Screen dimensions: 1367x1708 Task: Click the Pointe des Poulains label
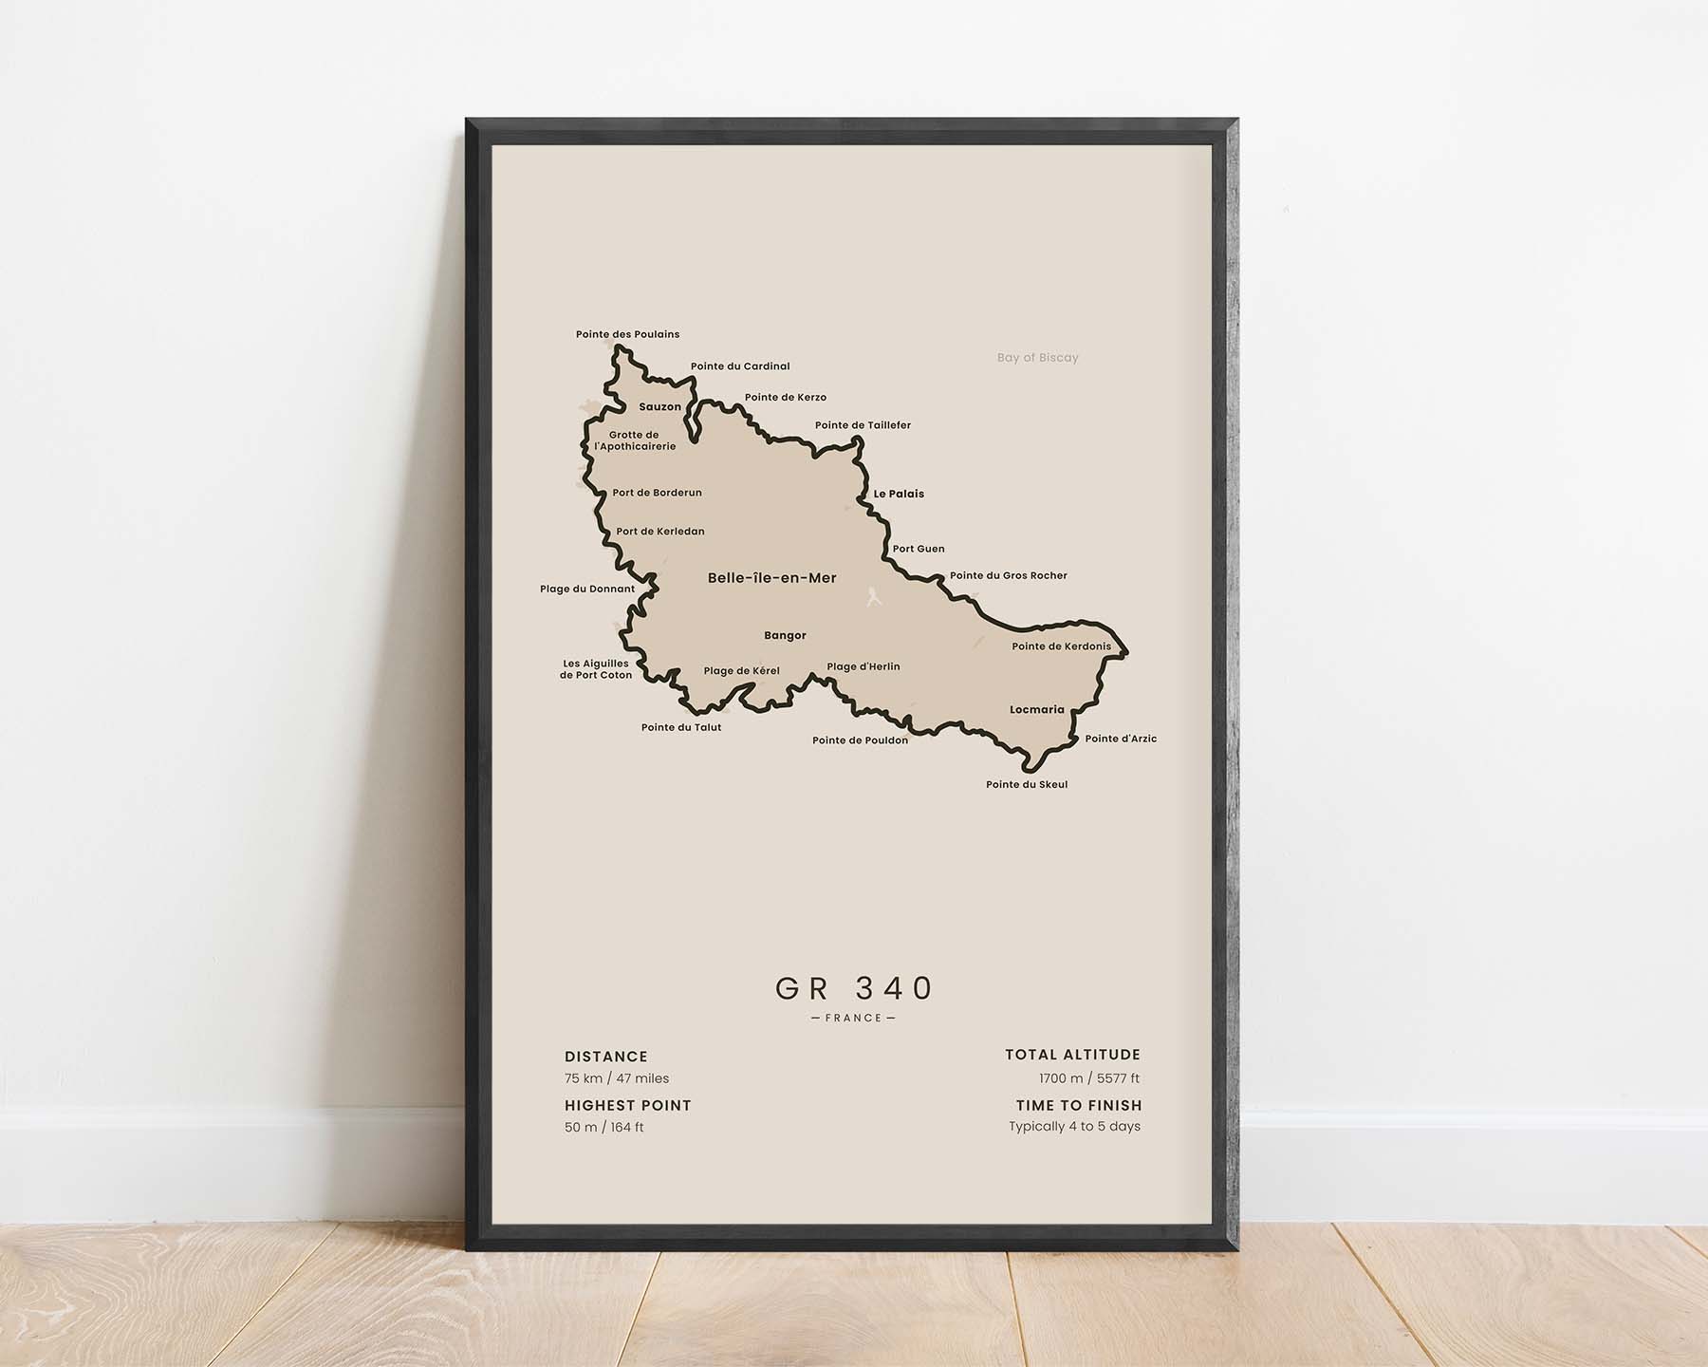click(x=627, y=334)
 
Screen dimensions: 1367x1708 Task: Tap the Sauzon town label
click(x=659, y=407)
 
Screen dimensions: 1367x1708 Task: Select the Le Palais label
click(x=899, y=494)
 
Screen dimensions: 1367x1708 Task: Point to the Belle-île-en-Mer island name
click(x=771, y=578)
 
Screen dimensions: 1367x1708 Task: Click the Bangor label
click(x=785, y=636)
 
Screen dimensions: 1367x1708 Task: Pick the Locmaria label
click(x=1036, y=710)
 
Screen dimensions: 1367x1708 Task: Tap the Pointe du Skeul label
click(x=1027, y=785)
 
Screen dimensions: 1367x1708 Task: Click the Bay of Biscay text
click(x=1037, y=358)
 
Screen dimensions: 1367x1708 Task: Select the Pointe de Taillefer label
click(x=863, y=425)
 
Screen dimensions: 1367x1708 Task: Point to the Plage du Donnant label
click(x=587, y=590)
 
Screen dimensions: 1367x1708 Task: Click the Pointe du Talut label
click(x=681, y=728)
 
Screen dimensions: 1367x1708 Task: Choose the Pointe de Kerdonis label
click(x=1061, y=646)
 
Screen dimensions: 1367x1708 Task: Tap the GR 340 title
click(x=854, y=988)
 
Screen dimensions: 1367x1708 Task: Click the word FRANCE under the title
click(x=854, y=1019)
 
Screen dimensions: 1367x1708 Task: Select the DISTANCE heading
click(x=606, y=1057)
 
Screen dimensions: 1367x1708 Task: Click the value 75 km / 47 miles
click(x=617, y=1078)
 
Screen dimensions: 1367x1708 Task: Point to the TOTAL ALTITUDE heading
click(x=1072, y=1055)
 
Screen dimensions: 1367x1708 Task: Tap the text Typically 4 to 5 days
click(x=1074, y=1127)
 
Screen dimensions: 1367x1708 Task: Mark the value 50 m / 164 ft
click(x=604, y=1128)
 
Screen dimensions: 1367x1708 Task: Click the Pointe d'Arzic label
click(x=1121, y=739)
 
